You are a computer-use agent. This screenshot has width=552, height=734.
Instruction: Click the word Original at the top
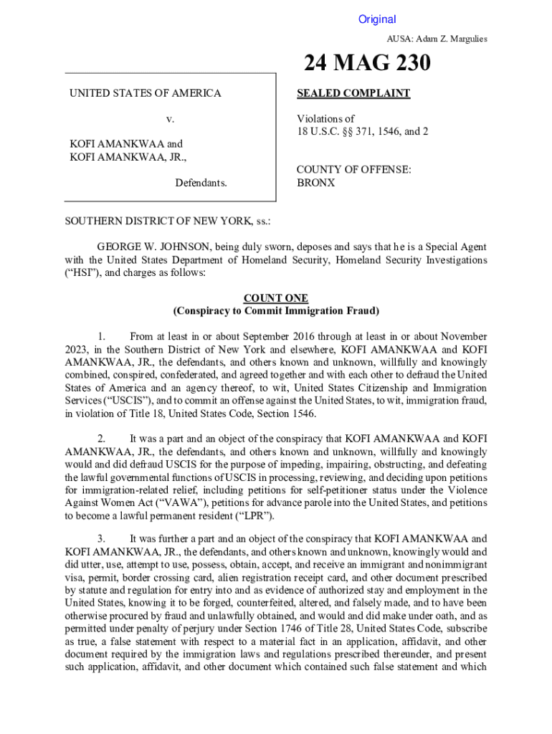[377, 19]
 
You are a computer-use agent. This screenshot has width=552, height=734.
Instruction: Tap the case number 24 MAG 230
[367, 65]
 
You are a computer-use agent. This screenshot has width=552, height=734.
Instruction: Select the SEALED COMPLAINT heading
[353, 93]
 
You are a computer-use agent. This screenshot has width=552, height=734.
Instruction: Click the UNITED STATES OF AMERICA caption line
[145, 93]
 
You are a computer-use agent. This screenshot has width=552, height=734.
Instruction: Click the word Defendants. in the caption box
[201, 183]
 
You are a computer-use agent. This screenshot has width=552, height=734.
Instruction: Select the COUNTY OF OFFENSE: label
[354, 170]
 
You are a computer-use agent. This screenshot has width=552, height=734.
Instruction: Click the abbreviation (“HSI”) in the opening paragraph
[83, 273]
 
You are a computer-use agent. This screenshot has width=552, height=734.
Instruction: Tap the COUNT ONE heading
[276, 298]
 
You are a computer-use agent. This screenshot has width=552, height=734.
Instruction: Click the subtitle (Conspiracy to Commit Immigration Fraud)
[276, 311]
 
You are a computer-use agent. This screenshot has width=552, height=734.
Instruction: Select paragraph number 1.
[102, 336]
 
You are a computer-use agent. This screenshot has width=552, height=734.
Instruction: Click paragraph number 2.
[102, 438]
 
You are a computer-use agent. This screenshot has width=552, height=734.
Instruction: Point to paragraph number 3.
[102, 539]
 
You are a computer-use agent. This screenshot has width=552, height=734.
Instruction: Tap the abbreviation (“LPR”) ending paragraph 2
[254, 515]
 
